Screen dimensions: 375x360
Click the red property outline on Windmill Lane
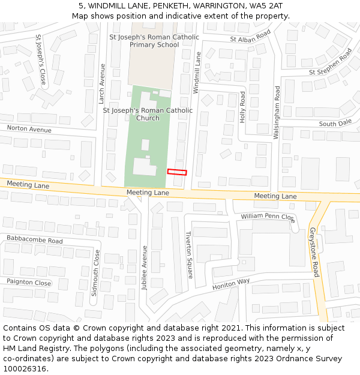click(x=177, y=172)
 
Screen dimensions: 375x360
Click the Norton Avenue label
click(x=29, y=129)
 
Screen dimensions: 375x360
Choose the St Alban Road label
click(x=250, y=37)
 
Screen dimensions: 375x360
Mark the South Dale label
click(x=335, y=124)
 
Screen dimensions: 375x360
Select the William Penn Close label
click(x=268, y=216)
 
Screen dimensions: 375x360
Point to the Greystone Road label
click(x=314, y=252)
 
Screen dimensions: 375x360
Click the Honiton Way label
click(x=231, y=284)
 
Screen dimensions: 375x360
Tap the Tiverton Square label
click(x=189, y=255)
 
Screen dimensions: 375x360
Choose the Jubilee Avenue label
click(x=145, y=268)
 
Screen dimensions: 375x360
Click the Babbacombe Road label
click(x=35, y=241)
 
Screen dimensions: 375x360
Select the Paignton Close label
click(x=29, y=282)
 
